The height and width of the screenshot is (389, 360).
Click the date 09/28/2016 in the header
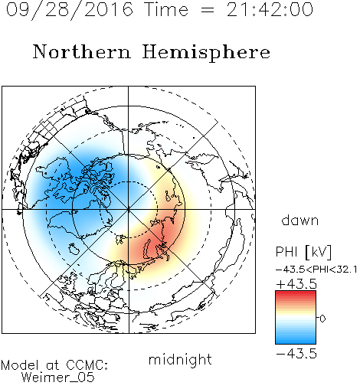[x=70, y=10]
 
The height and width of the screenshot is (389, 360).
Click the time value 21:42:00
[x=270, y=9]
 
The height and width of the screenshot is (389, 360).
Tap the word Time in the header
[x=166, y=9]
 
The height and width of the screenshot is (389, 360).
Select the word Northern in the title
[x=82, y=51]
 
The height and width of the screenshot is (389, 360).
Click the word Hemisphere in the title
[x=206, y=53]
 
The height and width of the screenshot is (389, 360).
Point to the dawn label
[x=300, y=220]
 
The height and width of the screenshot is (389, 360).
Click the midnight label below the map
[x=180, y=359]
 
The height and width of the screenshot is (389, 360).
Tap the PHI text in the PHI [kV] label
[x=286, y=252]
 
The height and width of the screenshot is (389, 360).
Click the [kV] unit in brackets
[x=319, y=252]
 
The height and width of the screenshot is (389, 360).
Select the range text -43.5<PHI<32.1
[x=316, y=270]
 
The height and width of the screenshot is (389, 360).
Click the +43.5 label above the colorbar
[x=296, y=284]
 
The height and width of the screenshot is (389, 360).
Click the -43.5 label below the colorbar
[x=296, y=354]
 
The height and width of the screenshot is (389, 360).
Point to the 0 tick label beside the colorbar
[x=322, y=319]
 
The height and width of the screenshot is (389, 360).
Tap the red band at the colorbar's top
[x=296, y=295]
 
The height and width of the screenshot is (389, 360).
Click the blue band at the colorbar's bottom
[x=296, y=340]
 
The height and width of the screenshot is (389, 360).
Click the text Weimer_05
[x=58, y=377]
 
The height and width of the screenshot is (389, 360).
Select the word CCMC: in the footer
[x=87, y=365]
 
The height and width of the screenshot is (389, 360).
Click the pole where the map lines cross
[x=129, y=209]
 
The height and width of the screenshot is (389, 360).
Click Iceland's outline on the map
[x=74, y=249]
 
